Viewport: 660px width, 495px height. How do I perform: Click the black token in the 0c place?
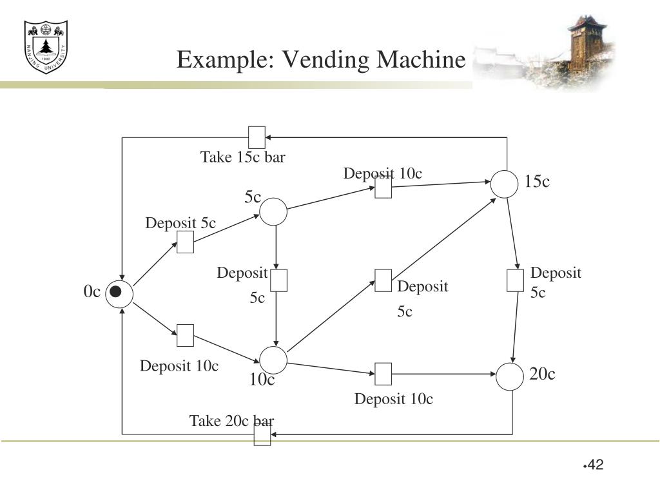pyautogui.click(x=115, y=292)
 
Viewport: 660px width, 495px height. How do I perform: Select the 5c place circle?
pyautogui.click(x=273, y=211)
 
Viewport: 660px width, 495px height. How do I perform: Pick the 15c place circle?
pyautogui.click(x=505, y=184)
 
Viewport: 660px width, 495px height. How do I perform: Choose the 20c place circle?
pyautogui.click(x=510, y=377)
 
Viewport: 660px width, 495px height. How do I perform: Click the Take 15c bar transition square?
pyautogui.click(x=257, y=137)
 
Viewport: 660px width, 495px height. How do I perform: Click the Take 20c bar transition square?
pyautogui.click(x=262, y=434)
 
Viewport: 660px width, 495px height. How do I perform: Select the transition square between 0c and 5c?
pyautogui.click(x=186, y=242)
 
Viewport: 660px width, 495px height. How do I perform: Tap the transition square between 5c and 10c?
pyautogui.click(x=278, y=280)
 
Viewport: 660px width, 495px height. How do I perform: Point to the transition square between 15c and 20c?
pyautogui.click(x=515, y=280)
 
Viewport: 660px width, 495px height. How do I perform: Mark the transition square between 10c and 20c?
pyautogui.click(x=383, y=373)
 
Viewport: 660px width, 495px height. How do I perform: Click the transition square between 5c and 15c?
pyautogui.click(x=383, y=188)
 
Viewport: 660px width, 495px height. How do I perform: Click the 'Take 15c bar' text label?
pyautogui.click(x=242, y=157)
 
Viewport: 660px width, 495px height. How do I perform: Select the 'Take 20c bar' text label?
pyautogui.click(x=231, y=421)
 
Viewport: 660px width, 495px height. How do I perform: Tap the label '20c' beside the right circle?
pyautogui.click(x=543, y=374)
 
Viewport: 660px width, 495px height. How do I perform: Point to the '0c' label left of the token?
pyautogui.click(x=92, y=292)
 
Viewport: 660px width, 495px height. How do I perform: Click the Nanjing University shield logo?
pyautogui.click(x=46, y=46)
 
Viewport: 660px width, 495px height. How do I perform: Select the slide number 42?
pyautogui.click(x=595, y=465)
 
